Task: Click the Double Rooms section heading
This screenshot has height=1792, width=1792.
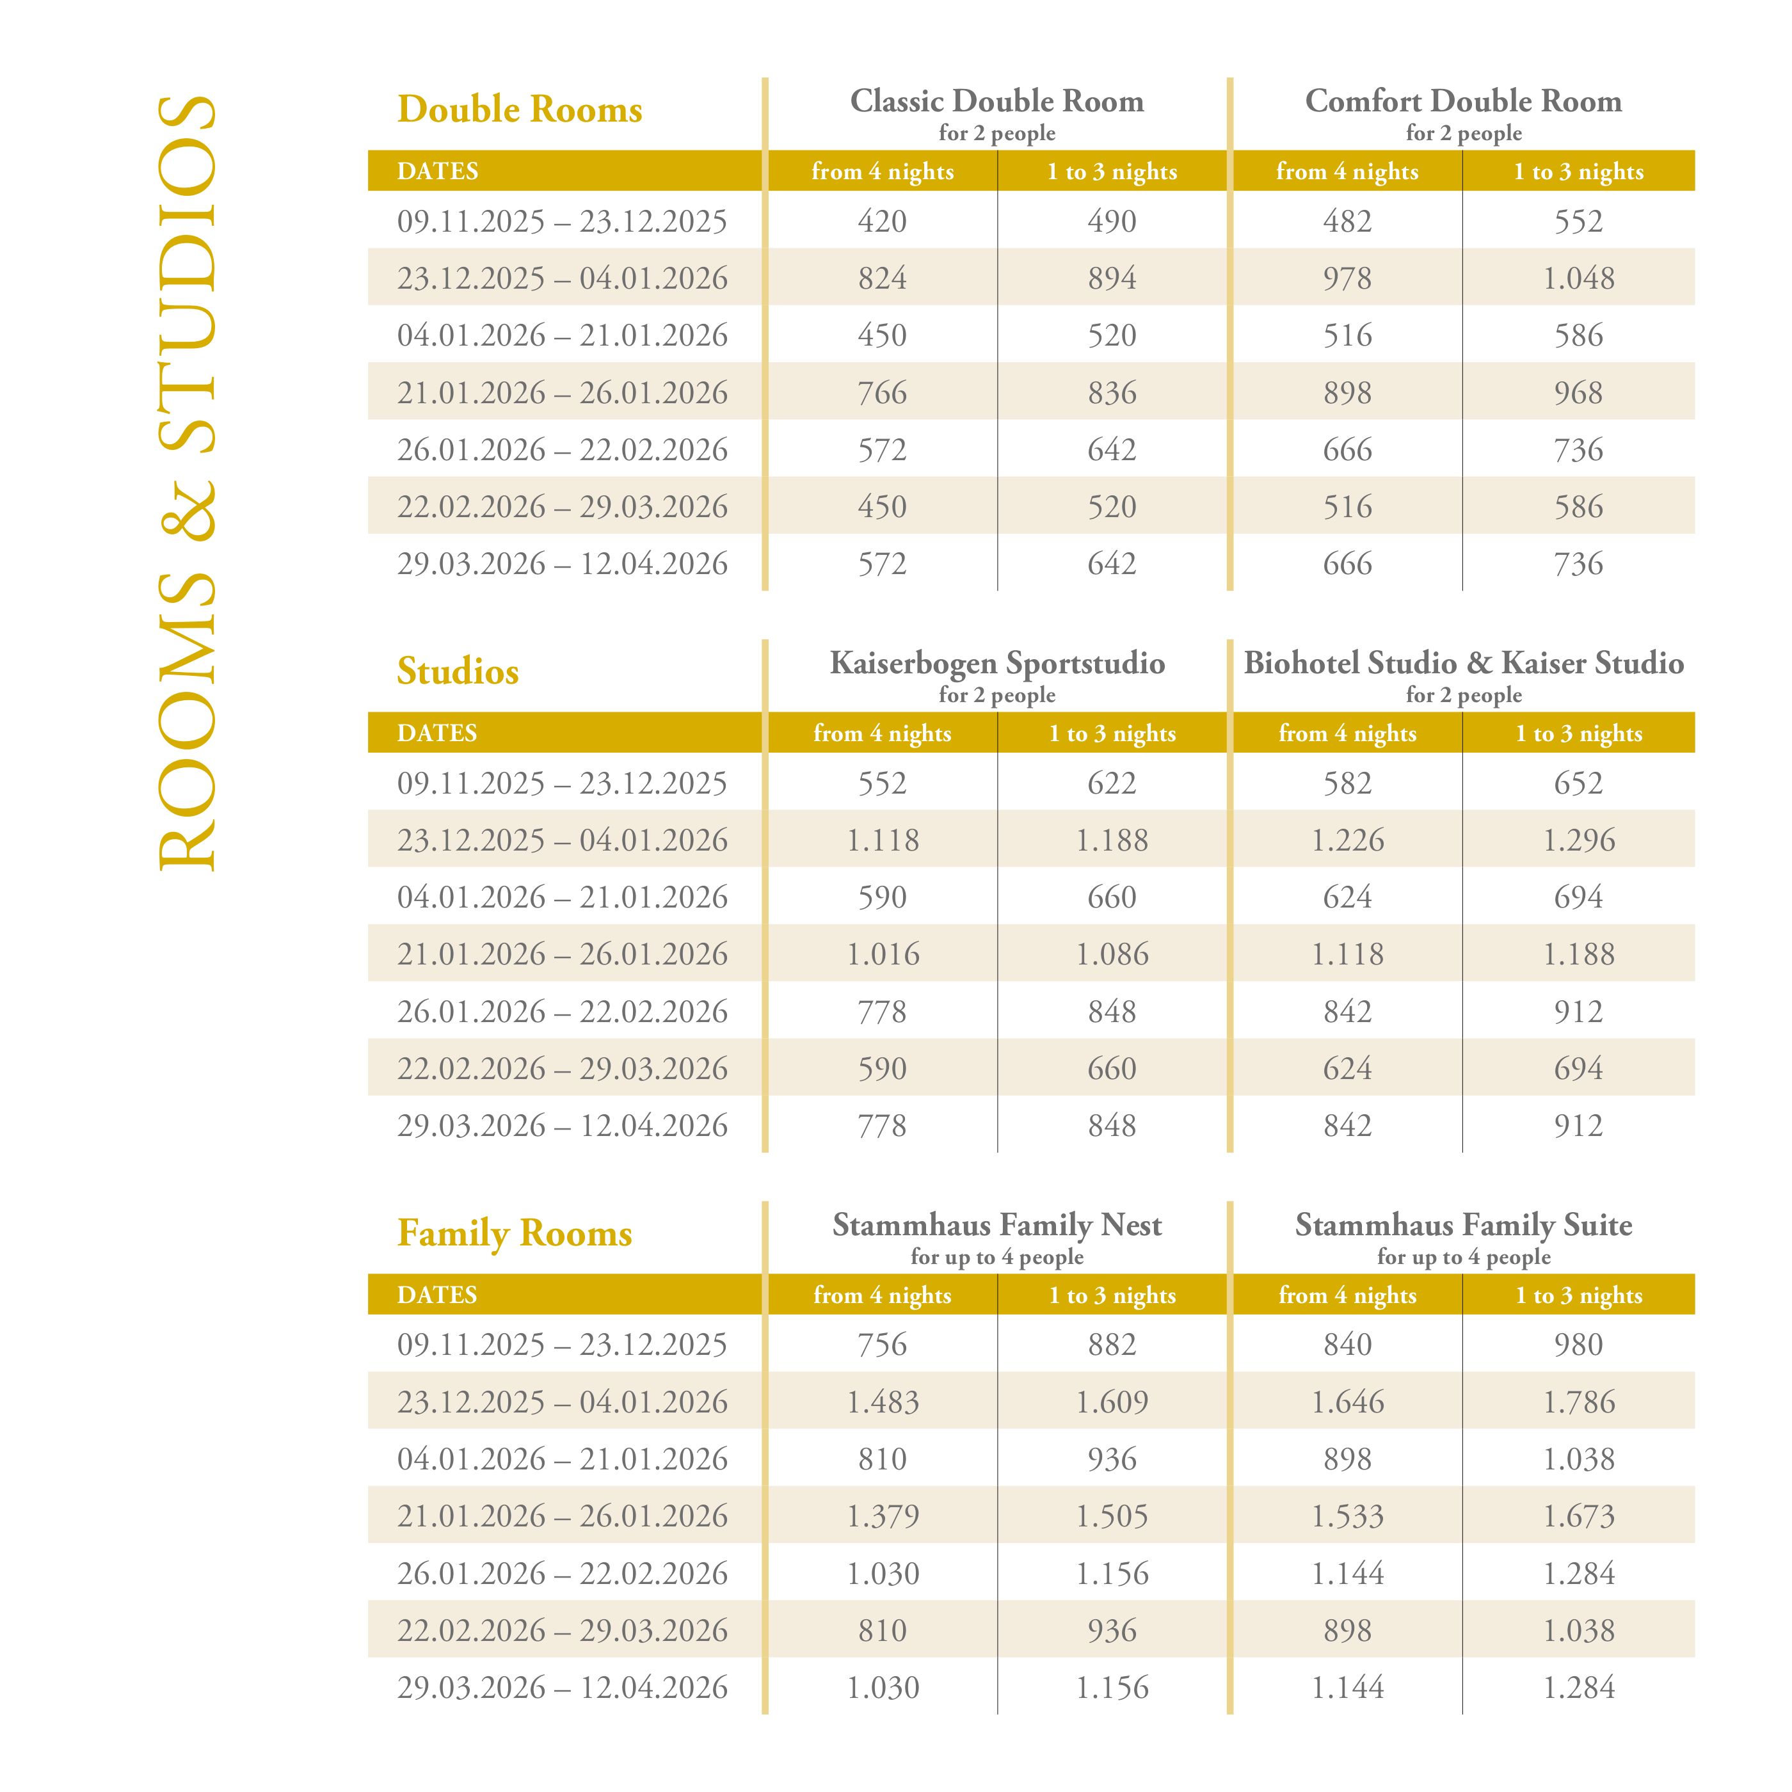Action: (520, 109)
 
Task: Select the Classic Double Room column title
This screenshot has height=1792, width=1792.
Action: (997, 101)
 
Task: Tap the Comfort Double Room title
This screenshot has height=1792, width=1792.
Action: (1463, 101)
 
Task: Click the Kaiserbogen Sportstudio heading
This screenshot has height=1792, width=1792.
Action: (997, 663)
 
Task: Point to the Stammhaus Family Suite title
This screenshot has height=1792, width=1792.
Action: (1463, 1225)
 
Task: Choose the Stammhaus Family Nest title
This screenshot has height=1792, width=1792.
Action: (997, 1225)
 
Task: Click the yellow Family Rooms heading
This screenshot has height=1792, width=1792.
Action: (515, 1234)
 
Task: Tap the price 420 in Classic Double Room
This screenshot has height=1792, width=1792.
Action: (882, 221)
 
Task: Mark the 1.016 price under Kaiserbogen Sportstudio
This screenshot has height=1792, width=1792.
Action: (882, 954)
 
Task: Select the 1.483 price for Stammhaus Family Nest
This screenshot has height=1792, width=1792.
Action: (882, 1402)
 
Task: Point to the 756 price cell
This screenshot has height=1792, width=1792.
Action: (882, 1345)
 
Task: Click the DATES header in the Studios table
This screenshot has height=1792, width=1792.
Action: (437, 733)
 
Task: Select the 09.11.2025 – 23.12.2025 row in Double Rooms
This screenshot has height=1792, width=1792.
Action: (562, 221)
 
